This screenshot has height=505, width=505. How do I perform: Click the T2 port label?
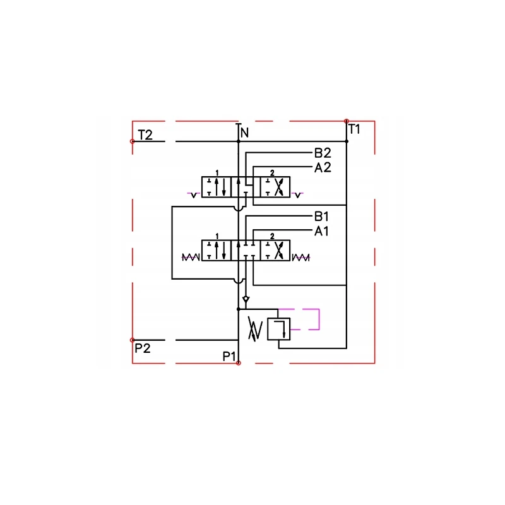[x=145, y=134]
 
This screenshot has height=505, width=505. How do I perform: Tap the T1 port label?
[x=354, y=130]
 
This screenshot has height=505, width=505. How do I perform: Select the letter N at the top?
[x=244, y=133]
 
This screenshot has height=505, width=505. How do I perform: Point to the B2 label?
[x=323, y=153]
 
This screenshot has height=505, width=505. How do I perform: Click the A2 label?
[x=323, y=167]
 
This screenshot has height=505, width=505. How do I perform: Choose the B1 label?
[x=323, y=215]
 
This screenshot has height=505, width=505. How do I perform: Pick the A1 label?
[x=322, y=231]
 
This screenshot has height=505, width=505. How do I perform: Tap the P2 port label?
[x=142, y=348]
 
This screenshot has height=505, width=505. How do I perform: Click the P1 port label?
[x=229, y=357]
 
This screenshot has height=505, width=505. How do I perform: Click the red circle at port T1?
[x=347, y=121]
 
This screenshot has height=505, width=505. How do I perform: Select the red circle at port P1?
[x=238, y=363]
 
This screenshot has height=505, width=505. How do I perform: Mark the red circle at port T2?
[x=132, y=141]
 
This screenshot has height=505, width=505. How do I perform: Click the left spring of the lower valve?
[x=191, y=257]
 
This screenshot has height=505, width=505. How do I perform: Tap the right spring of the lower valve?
[x=301, y=257]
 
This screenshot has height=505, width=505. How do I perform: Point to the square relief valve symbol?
[x=278, y=330]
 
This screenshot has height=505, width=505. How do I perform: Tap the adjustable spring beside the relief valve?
[x=254, y=329]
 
